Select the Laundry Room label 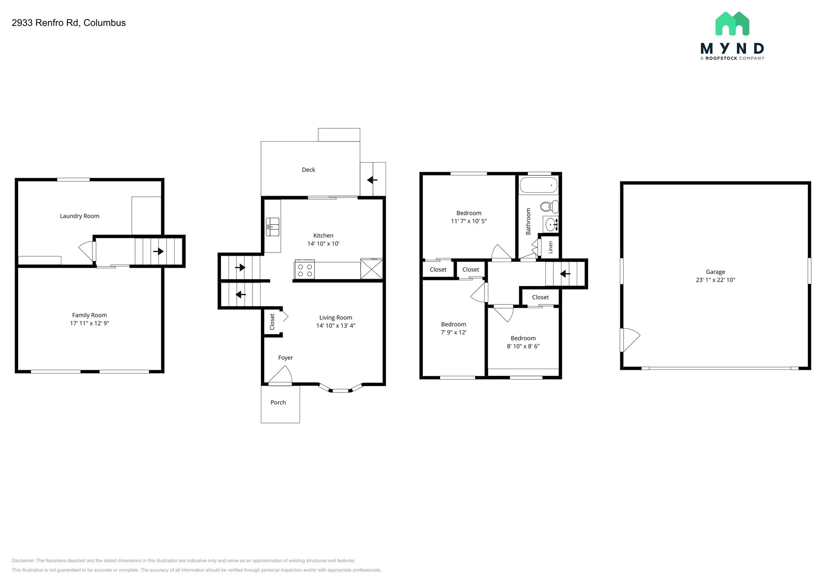point(79,216)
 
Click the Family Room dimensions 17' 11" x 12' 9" point(90,323)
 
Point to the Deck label point(309,170)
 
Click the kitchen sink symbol point(273,227)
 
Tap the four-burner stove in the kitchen point(305,270)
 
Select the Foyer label point(286,358)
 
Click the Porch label point(278,403)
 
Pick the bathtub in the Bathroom point(538,186)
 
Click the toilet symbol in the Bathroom point(549,207)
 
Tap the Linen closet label point(551,247)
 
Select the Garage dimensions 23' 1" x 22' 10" point(715,280)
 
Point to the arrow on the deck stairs point(372,180)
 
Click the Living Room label point(336,318)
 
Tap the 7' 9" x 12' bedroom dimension point(454,333)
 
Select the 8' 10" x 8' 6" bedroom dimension point(523,346)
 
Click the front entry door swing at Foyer point(281,375)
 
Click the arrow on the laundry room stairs point(159,251)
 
